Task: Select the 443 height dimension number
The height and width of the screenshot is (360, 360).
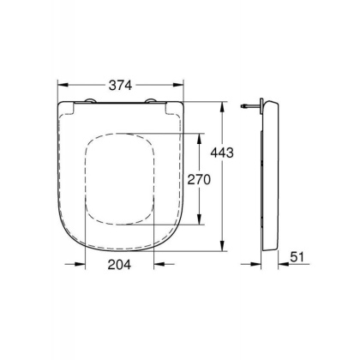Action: [x=221, y=151]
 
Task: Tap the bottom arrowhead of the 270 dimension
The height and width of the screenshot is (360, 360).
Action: [x=201, y=224]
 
